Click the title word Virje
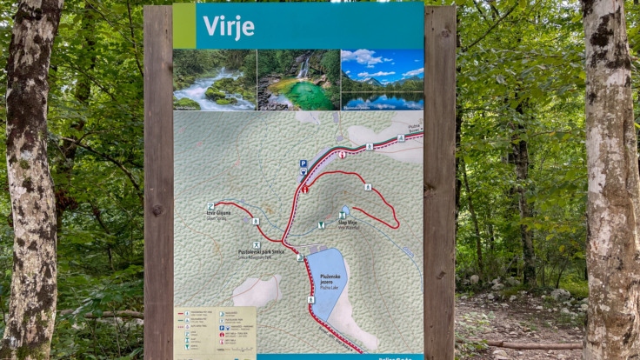pos(229,26)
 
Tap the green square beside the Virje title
pos(184,25)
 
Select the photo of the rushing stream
pos(214,80)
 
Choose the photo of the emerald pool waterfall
pos(298,80)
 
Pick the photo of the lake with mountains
pos(382,80)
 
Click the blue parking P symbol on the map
pos(303,163)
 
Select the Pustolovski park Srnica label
pos(261,253)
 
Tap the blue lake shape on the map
pos(326,278)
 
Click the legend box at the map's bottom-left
pos(216,330)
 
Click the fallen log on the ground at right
pos(530,345)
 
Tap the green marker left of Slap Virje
pos(321,225)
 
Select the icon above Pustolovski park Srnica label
pos(257,245)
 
